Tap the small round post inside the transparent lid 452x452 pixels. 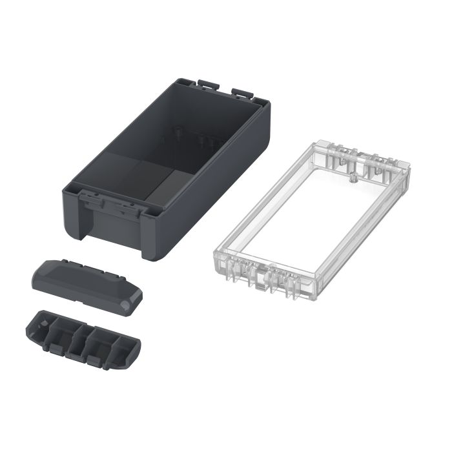pyautogui.click(x=353, y=178)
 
